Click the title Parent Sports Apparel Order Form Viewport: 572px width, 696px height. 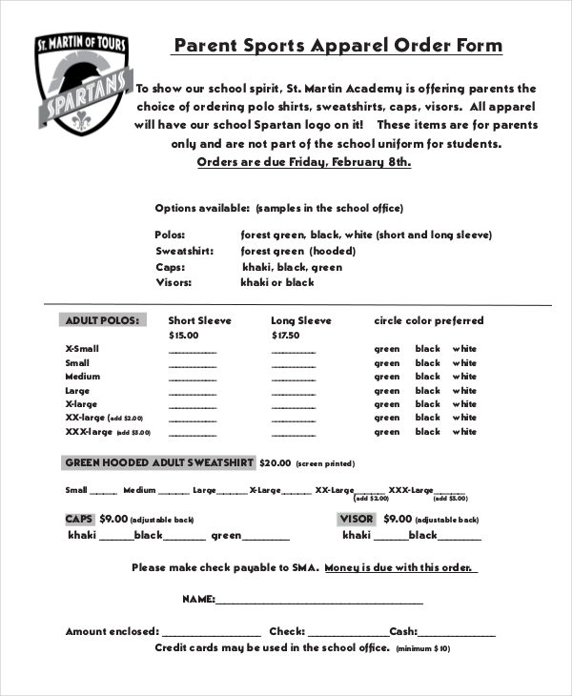coord(337,46)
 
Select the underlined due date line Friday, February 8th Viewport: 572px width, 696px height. coord(303,162)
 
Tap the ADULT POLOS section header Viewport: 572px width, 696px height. coord(102,320)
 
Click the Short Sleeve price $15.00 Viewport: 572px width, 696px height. coord(183,336)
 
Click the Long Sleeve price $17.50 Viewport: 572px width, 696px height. coord(285,336)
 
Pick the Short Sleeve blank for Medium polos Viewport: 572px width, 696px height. coord(193,379)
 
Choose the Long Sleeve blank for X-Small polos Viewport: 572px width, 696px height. coord(295,351)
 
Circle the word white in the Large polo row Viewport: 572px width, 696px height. coord(464,391)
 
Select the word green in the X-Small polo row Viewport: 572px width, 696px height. coord(387,349)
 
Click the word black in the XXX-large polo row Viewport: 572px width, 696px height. coord(427,432)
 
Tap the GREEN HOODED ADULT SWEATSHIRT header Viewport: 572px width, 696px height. coord(159,462)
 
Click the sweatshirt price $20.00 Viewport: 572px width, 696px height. coord(275,462)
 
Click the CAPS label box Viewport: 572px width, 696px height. coord(78,519)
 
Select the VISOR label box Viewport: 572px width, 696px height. coord(357,519)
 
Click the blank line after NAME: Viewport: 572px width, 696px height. coord(319,603)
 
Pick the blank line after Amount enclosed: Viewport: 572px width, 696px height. coord(212,634)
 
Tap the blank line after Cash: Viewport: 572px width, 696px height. coord(457,634)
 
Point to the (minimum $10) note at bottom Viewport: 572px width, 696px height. coord(423,648)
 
